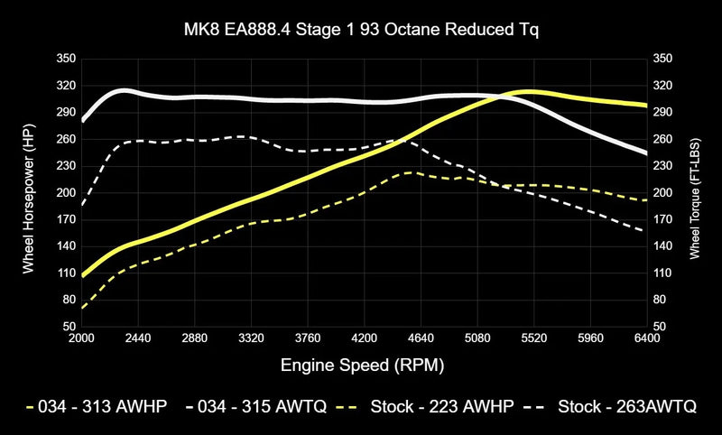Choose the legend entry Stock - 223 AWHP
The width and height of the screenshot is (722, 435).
tap(429, 406)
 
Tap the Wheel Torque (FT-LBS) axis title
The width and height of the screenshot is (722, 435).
tap(694, 192)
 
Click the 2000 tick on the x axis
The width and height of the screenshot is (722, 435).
tap(81, 338)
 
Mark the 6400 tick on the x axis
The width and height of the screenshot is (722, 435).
tap(647, 338)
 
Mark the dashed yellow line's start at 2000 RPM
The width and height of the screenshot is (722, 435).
tap(82, 308)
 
